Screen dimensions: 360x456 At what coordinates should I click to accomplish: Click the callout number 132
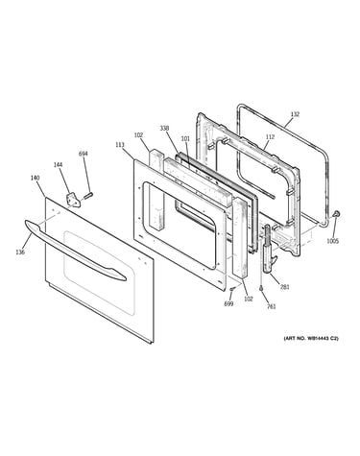295,114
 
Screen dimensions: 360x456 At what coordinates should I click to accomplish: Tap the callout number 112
270,137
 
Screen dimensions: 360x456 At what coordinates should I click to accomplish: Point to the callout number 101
185,139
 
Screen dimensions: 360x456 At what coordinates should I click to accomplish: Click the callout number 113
120,145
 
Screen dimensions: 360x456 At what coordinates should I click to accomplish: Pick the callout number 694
84,154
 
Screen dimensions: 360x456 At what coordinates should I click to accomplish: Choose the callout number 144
58,164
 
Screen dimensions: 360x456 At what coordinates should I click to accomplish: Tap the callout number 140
35,178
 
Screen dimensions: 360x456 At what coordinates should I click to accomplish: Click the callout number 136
20,252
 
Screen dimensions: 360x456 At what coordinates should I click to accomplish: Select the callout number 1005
332,241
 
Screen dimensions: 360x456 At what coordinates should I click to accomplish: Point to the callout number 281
284,287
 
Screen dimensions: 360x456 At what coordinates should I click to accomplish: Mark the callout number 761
271,306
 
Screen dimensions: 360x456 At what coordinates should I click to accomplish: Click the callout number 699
228,303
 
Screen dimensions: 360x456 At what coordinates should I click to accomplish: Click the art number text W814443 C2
323,338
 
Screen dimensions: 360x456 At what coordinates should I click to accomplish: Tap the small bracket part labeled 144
73,201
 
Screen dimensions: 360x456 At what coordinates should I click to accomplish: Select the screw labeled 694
88,195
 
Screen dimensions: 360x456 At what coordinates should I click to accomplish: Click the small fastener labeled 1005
336,214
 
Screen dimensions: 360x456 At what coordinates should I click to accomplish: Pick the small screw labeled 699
232,289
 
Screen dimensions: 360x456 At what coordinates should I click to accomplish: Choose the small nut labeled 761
262,289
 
